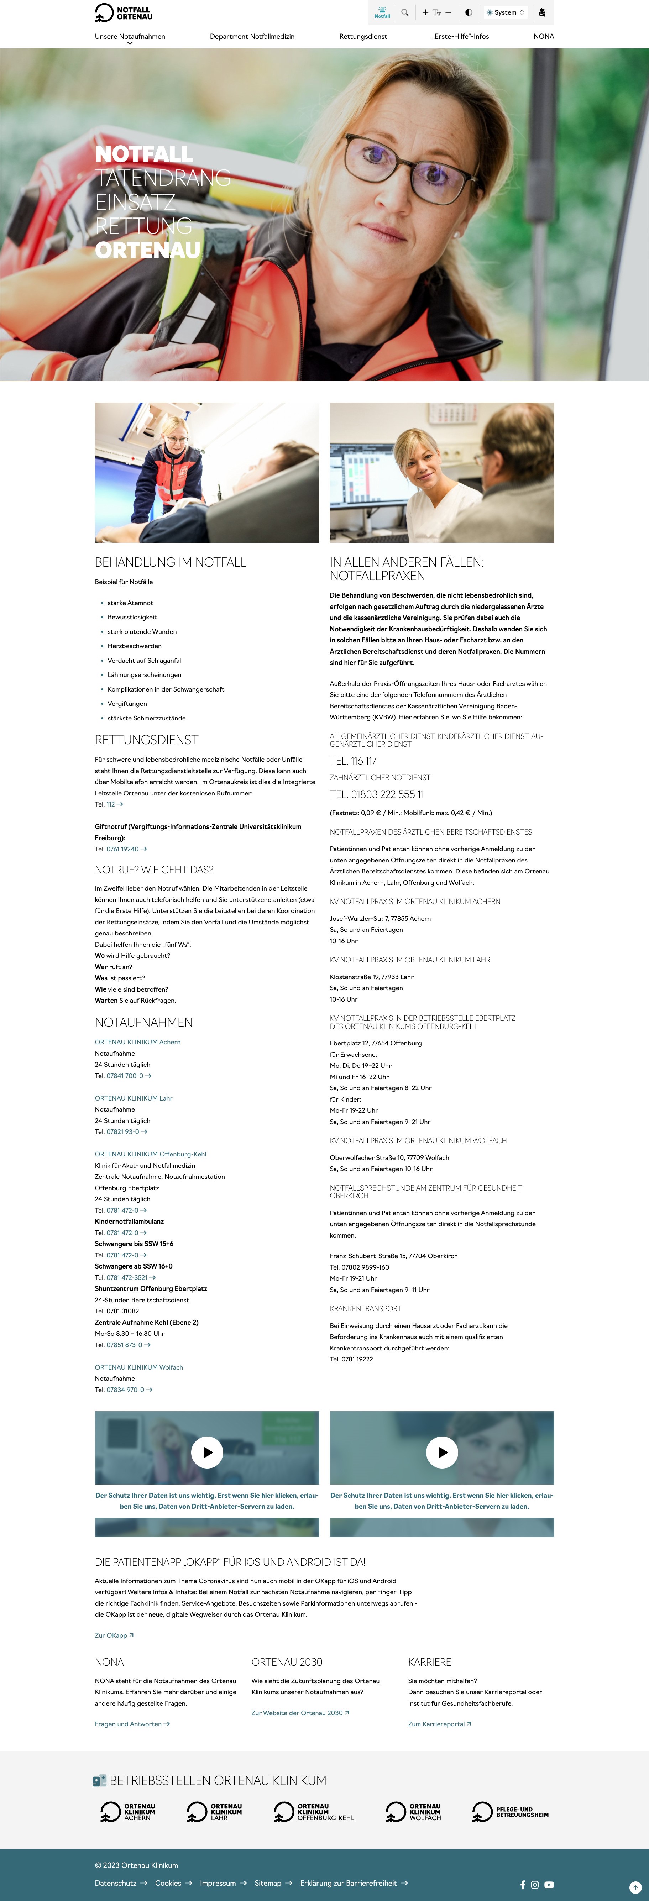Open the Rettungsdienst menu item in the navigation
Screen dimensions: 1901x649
362,36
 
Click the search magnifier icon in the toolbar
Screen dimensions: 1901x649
405,12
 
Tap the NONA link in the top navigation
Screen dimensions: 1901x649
543,36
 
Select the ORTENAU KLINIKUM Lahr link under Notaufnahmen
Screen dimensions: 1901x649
134,1098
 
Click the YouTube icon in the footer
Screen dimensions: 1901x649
549,1885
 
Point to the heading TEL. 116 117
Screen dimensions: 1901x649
353,761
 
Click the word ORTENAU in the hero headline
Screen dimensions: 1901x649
148,250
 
